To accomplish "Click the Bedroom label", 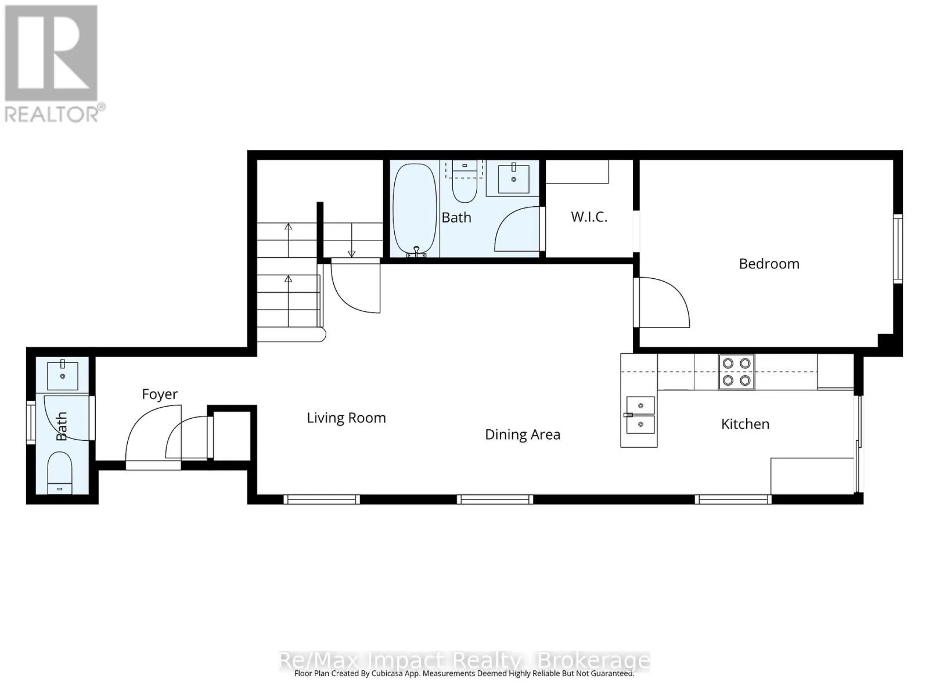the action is pyautogui.click(x=769, y=264).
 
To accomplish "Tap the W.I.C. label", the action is pyautogui.click(x=589, y=217).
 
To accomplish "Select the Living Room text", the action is pyautogui.click(x=346, y=418).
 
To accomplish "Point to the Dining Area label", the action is pyautogui.click(x=522, y=434).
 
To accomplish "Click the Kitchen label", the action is pyautogui.click(x=745, y=424).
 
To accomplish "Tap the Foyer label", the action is pyautogui.click(x=160, y=394).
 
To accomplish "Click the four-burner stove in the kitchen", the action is pyautogui.click(x=736, y=372).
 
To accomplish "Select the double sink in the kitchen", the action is pyautogui.click(x=640, y=415).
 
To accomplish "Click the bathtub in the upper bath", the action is pyautogui.click(x=415, y=210).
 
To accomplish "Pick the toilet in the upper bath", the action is pyautogui.click(x=464, y=182).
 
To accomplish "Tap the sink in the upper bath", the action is pyautogui.click(x=513, y=179).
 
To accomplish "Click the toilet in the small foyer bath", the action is pyautogui.click(x=60, y=473).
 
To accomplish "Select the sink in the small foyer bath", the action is pyautogui.click(x=63, y=375).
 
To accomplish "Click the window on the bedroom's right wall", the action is pyautogui.click(x=898, y=249).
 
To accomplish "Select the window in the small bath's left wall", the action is pyautogui.click(x=31, y=422).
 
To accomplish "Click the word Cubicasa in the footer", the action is pyautogui.click(x=388, y=673).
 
